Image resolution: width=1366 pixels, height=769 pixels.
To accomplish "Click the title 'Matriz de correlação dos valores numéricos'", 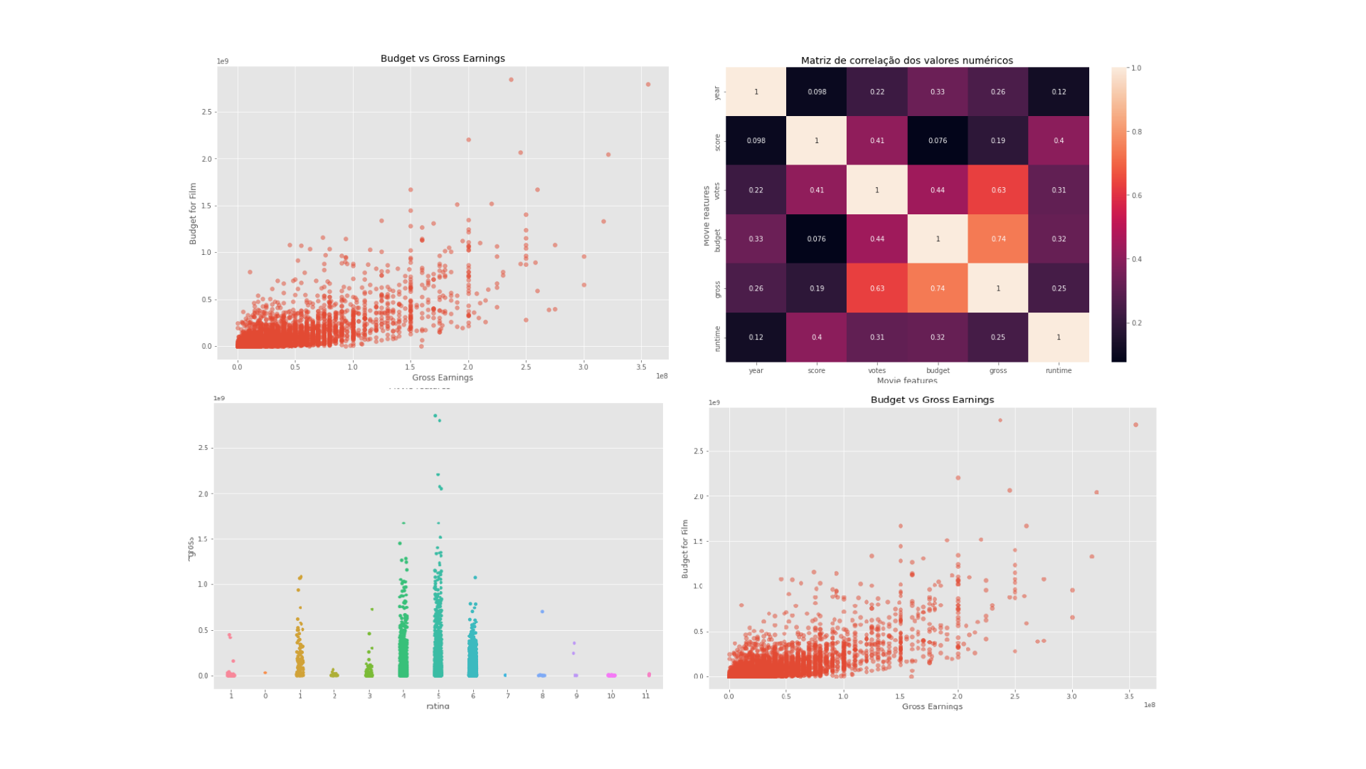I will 906,61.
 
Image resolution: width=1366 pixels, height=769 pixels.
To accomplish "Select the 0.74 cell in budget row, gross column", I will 998,239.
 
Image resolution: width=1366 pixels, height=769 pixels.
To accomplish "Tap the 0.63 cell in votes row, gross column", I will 998,190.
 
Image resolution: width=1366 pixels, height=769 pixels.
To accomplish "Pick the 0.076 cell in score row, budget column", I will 938,141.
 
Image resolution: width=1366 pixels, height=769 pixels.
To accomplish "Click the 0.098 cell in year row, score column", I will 817,92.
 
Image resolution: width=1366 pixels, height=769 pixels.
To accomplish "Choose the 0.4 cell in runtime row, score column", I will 817,338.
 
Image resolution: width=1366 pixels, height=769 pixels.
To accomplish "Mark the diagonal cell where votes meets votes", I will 877,190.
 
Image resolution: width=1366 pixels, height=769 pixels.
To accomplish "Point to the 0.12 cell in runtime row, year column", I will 756,338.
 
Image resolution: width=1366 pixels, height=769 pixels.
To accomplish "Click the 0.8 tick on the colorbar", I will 1136,132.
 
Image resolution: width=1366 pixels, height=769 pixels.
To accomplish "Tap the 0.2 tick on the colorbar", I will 1136,323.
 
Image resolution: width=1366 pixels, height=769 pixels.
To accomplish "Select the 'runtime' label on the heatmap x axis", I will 1059,371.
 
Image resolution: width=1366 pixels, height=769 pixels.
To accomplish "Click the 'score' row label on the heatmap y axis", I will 717,142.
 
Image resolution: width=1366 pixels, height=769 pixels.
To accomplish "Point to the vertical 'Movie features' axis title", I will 706,216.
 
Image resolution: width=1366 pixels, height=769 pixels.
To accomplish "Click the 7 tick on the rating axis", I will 508,696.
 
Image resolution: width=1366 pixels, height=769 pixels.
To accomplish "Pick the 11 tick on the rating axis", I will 646,696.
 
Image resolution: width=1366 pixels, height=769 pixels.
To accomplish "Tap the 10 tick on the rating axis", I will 611,696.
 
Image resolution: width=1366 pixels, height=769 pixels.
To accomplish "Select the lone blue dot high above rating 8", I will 542,612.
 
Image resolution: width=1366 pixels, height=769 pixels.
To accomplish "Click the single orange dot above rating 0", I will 265,673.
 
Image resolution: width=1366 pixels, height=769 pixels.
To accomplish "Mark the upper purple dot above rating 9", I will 574,644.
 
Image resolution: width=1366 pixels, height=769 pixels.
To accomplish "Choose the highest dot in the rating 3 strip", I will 372,610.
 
